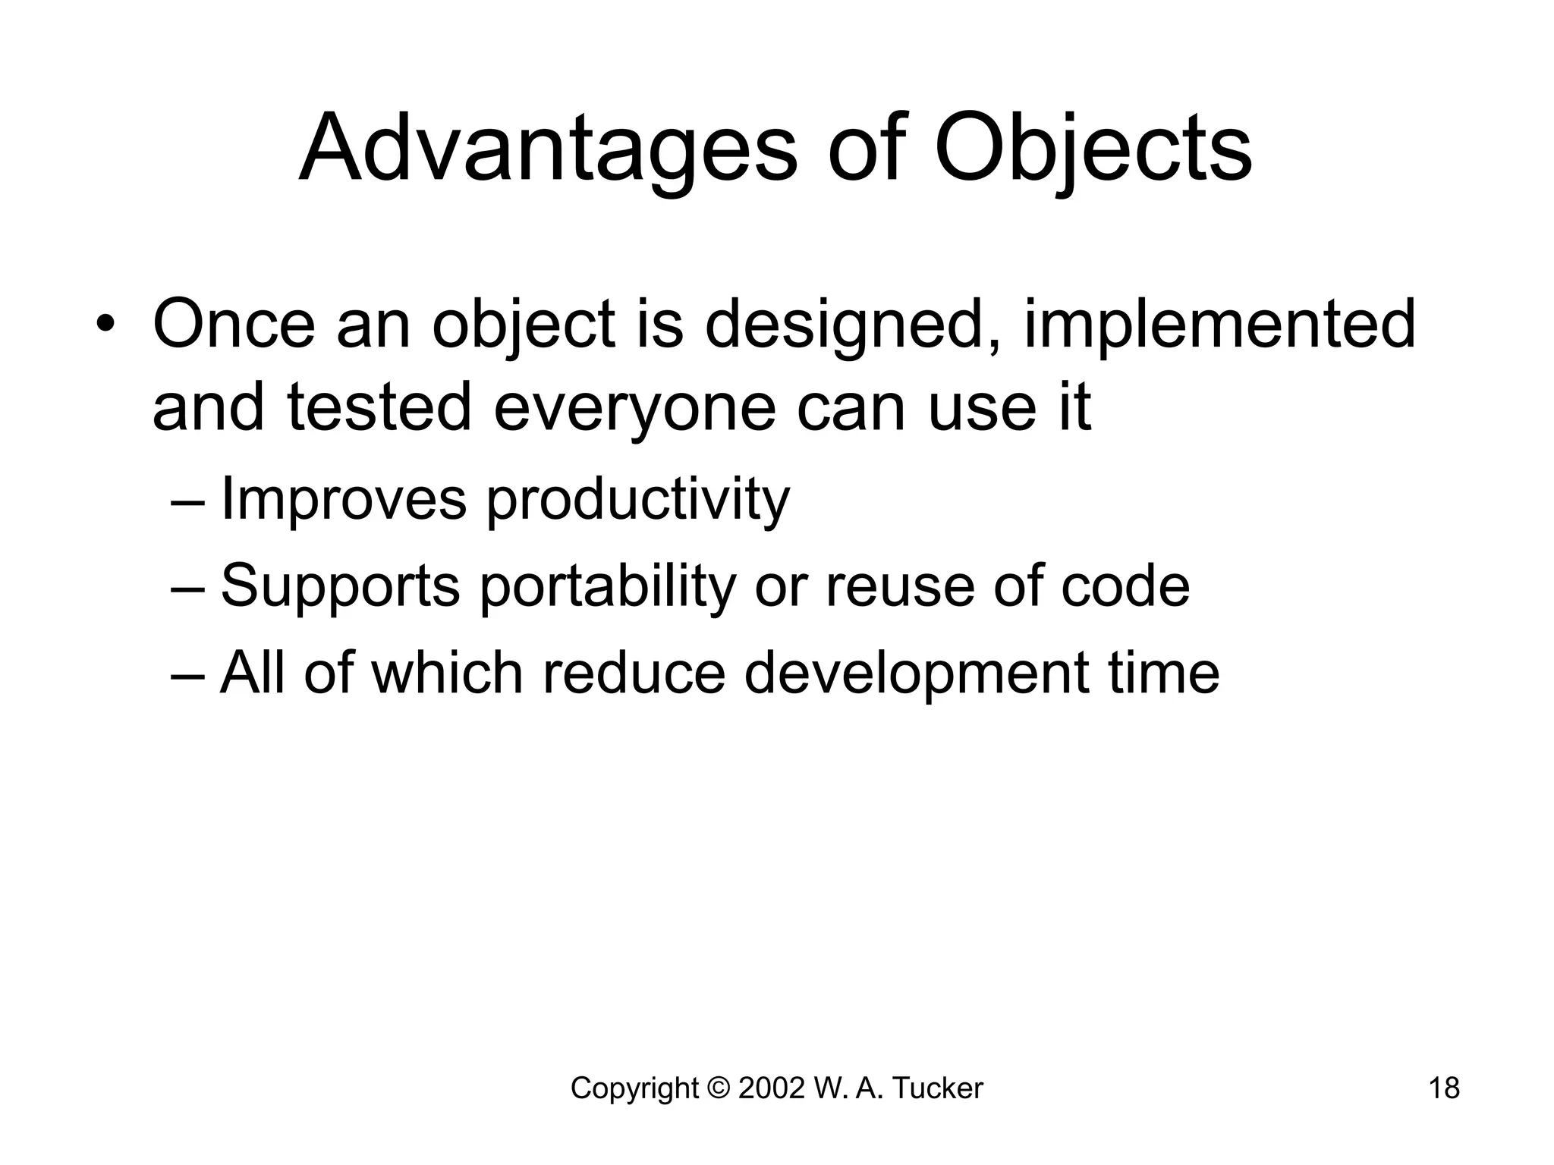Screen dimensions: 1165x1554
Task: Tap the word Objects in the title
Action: pos(1093,149)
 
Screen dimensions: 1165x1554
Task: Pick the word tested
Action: pos(379,408)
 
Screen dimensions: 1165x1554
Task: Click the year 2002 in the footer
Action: pos(771,1088)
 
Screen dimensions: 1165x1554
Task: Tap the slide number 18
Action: pos(1444,1088)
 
